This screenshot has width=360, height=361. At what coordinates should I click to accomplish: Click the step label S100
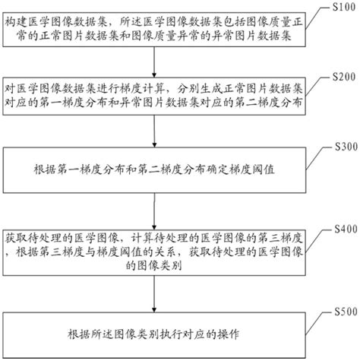point(339,6)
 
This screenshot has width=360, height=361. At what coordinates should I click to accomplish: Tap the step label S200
point(339,77)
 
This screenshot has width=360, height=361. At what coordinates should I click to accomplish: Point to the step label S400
point(339,227)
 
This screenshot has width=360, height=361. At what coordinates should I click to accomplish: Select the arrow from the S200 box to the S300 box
point(156,138)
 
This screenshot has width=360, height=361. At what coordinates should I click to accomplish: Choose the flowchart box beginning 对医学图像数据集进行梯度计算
point(156,100)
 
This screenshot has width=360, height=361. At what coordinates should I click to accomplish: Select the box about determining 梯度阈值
point(156,169)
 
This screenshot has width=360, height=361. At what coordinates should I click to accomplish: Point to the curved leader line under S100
point(321,17)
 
